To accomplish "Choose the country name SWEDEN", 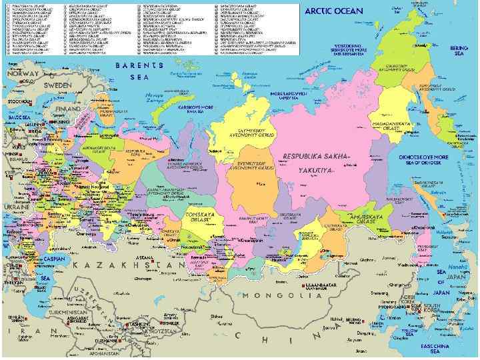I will (x=58, y=86).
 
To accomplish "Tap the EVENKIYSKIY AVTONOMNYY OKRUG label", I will (x=247, y=165).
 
